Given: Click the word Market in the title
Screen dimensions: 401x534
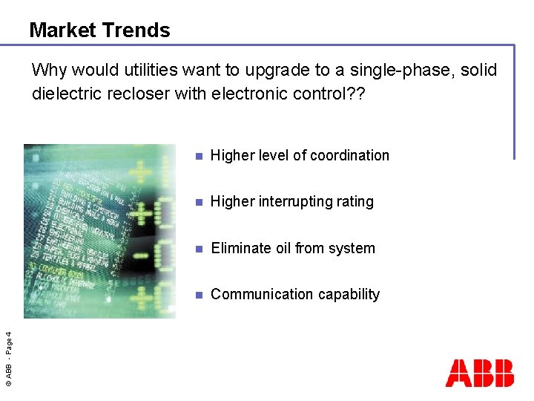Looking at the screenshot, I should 62,30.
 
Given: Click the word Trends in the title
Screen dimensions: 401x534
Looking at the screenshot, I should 136,30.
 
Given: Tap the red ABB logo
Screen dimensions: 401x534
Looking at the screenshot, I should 479,373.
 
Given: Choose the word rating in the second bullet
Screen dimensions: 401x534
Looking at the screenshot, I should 354,202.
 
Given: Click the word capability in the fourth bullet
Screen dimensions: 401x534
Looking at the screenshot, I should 343,295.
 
